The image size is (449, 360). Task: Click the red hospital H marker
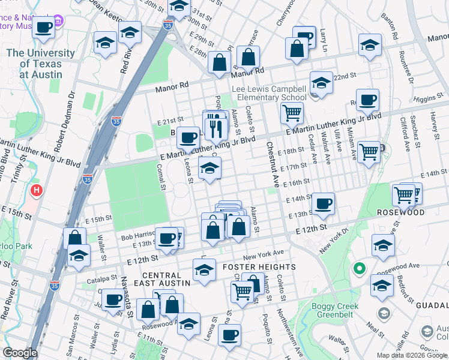pos(37,192)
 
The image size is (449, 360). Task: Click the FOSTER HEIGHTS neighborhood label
pos(259,266)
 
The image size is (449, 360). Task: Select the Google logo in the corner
pos(20,353)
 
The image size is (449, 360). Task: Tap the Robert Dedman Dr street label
pos(64,120)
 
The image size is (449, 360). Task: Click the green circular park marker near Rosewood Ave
pos(359,268)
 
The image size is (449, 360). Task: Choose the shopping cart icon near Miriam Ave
pos(368,151)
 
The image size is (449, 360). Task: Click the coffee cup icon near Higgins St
pos(367,99)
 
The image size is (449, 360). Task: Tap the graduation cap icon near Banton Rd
pos(370,44)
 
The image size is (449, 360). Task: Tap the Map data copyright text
pos(412,355)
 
